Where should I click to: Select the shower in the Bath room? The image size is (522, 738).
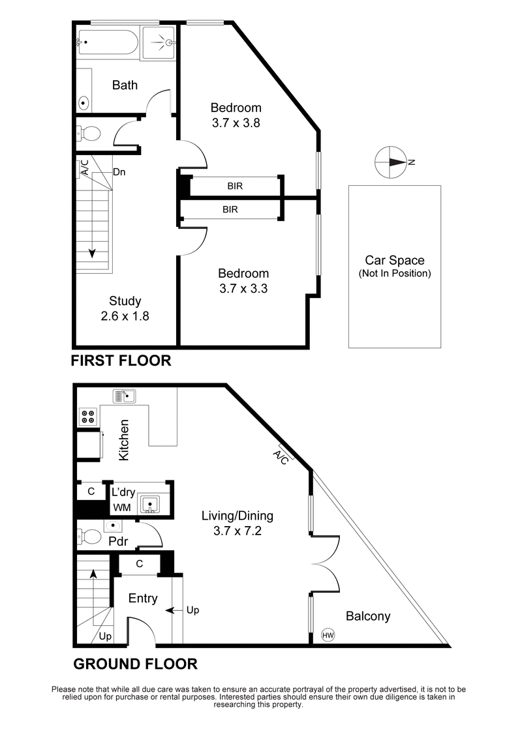click(x=159, y=42)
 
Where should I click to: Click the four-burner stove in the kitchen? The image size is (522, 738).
click(x=88, y=415)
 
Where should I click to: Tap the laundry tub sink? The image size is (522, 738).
click(x=149, y=503)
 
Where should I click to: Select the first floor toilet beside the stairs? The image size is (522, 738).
click(x=89, y=134)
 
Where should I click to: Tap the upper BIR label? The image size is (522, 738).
click(x=236, y=186)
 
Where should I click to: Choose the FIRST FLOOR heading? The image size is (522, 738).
click(x=121, y=360)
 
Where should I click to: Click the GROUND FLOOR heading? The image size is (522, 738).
click(x=135, y=664)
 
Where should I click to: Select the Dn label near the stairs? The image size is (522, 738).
click(x=119, y=172)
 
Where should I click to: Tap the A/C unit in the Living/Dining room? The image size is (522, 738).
click(x=282, y=457)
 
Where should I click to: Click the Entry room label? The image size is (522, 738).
click(x=142, y=598)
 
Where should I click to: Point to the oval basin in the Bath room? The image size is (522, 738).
click(x=84, y=102)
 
